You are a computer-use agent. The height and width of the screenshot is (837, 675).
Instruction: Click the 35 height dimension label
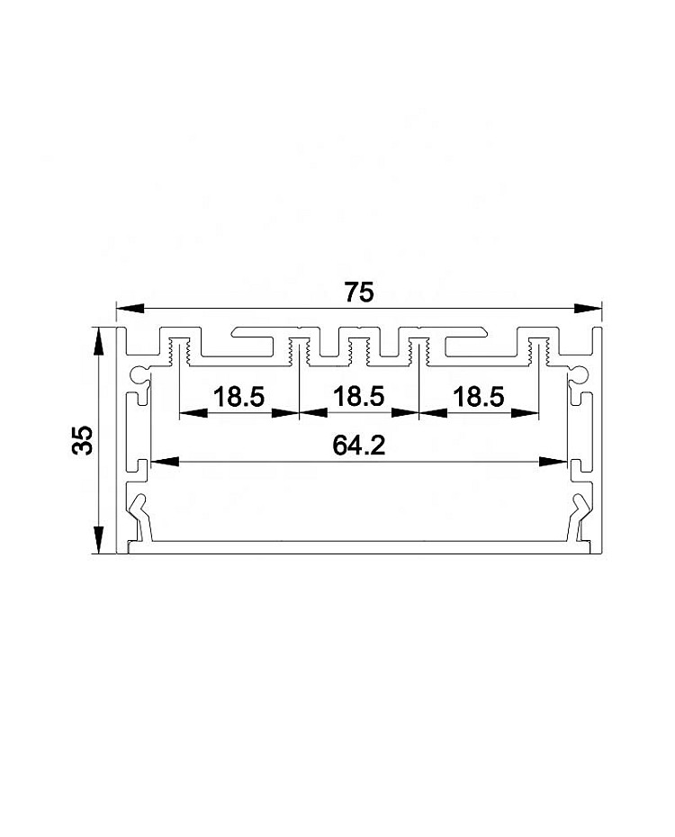[82, 440]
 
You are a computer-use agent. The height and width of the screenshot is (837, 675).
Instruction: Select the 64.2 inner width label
[358, 445]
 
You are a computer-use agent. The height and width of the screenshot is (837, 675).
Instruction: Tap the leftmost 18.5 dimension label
[238, 397]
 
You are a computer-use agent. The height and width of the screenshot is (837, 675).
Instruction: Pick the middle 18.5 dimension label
[358, 396]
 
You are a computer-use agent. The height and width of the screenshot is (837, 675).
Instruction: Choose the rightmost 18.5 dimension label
[478, 397]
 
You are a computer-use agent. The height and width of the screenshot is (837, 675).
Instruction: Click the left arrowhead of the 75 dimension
[130, 308]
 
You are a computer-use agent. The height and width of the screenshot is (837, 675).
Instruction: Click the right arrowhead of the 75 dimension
[588, 308]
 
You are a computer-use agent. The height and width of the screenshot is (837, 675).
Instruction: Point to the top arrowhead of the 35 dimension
[98, 342]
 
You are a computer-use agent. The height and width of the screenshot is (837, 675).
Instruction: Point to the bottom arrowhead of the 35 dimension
[98, 540]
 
